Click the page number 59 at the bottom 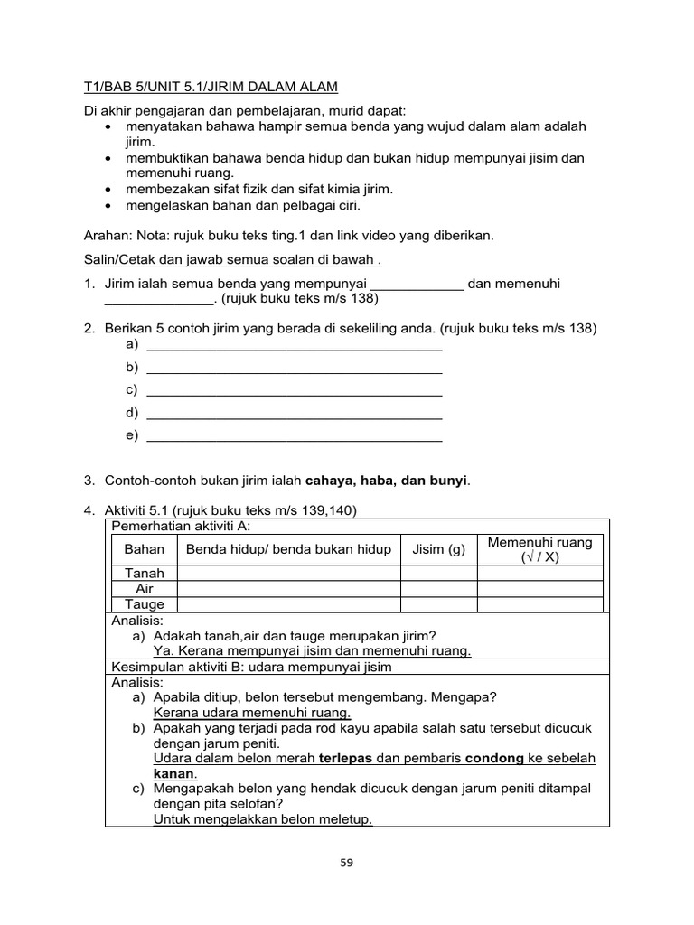[x=347, y=862]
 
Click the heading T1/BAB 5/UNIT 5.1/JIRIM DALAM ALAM [x=205, y=87]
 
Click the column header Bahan [x=145, y=549]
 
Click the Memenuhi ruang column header [x=539, y=549]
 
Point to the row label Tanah [x=145, y=573]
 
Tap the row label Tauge [x=145, y=604]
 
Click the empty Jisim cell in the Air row [x=438, y=589]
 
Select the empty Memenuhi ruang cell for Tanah [x=539, y=573]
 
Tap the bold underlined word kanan [x=173, y=774]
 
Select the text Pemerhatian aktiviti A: [x=180, y=527]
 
